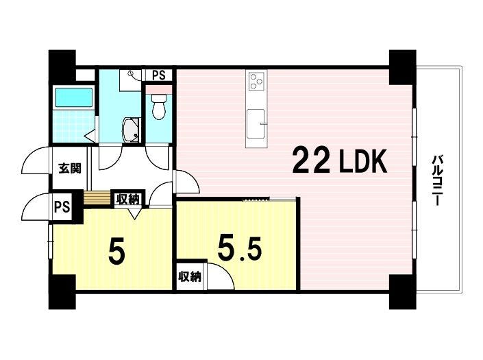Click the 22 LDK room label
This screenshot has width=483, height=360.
pyautogui.click(x=340, y=160)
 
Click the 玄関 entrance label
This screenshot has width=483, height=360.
pyautogui.click(x=70, y=168)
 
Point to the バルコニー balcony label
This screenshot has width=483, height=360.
pyautogui.click(x=436, y=180)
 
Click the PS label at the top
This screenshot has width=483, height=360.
pyautogui.click(x=159, y=75)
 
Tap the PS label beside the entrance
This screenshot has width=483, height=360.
pyautogui.click(x=62, y=206)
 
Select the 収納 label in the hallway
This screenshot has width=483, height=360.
pyautogui.click(x=128, y=200)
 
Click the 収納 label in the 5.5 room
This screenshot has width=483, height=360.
pyautogui.click(x=190, y=276)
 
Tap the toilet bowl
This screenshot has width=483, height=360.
pyautogui.click(x=159, y=106)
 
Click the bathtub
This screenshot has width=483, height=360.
pyautogui.click(x=73, y=97)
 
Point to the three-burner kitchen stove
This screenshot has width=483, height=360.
pyautogui.click(x=256, y=81)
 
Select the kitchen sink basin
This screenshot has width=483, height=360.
pyautogui.click(x=256, y=123)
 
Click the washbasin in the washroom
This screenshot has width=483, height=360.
pyautogui.click(x=131, y=130)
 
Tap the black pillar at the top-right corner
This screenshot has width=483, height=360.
pyautogui.click(x=403, y=67)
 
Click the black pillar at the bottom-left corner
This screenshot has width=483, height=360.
pyautogui.click(x=62, y=291)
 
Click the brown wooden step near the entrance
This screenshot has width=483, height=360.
pyautogui.click(x=97, y=197)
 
